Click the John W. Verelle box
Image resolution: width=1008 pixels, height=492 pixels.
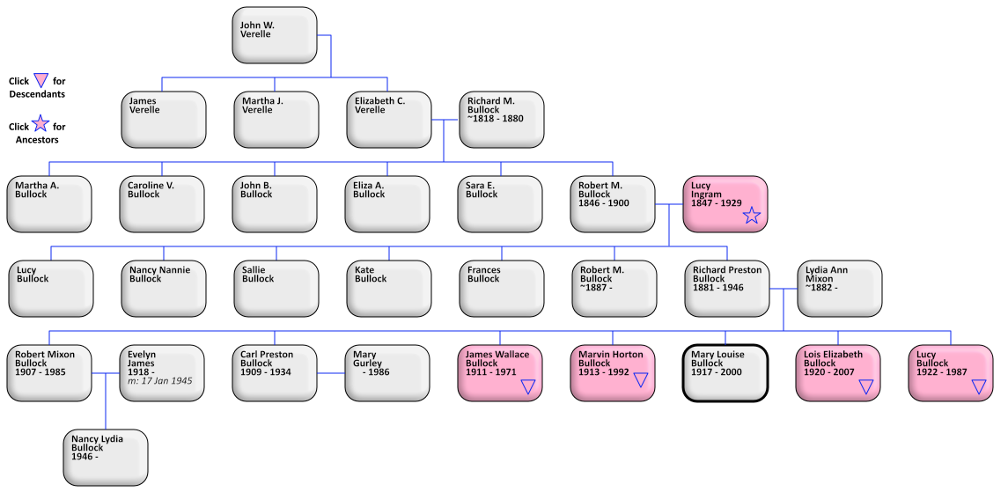tap(275, 35)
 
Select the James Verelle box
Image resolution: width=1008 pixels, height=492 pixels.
tap(163, 120)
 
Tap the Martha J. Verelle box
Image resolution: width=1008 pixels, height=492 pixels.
tap(276, 120)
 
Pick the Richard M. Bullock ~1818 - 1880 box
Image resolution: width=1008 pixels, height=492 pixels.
tap(501, 120)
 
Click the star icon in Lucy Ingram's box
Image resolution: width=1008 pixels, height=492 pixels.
tap(751, 216)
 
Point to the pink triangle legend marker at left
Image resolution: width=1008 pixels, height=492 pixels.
tap(40, 81)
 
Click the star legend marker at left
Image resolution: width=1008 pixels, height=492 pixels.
tap(40, 123)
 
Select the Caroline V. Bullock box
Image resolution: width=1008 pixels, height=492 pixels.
tap(163, 204)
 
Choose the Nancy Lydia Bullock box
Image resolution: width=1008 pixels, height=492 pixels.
tap(107, 458)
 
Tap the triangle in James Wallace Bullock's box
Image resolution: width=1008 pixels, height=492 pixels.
tap(528, 386)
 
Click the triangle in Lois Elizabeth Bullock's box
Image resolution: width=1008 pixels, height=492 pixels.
tap(866, 386)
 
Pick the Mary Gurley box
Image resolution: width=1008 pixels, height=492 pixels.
tap(388, 373)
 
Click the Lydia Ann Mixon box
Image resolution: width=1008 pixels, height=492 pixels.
tap(839, 289)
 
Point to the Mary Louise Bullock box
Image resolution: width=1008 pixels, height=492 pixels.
tap(726, 373)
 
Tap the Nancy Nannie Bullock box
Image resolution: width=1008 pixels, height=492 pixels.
tap(163, 289)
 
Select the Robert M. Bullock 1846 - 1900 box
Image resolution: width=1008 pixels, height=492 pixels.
tap(614, 204)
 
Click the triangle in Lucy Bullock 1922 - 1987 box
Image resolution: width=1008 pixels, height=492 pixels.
tap(979, 386)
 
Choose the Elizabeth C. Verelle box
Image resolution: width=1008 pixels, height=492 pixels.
tap(388, 120)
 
